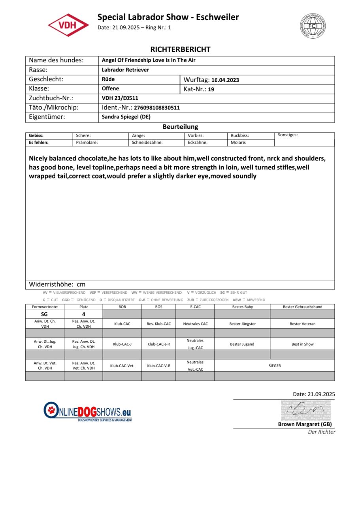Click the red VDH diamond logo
pyautogui.click(x=68, y=25)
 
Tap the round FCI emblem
pyautogui.click(x=313, y=25)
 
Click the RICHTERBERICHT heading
pyautogui.click(x=180, y=49)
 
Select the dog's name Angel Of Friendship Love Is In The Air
pyautogui.click(x=149, y=60)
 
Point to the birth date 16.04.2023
pyautogui.click(x=225, y=80)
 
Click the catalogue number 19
pyautogui.click(x=211, y=89)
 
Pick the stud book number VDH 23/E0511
pyautogui.click(x=120, y=98)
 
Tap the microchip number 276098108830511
pyautogui.click(x=157, y=108)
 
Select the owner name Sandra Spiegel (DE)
pyautogui.click(x=126, y=117)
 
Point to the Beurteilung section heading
pyautogui.click(x=180, y=127)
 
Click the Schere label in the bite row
pyautogui.click(x=83, y=135)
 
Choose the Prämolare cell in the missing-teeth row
pyautogui.click(x=87, y=143)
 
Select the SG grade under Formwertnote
pyautogui.click(x=44, y=314)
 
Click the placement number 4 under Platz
pyautogui.click(x=83, y=314)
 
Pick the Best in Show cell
pyautogui.click(x=302, y=344)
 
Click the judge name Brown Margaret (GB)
pyautogui.click(x=305, y=424)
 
